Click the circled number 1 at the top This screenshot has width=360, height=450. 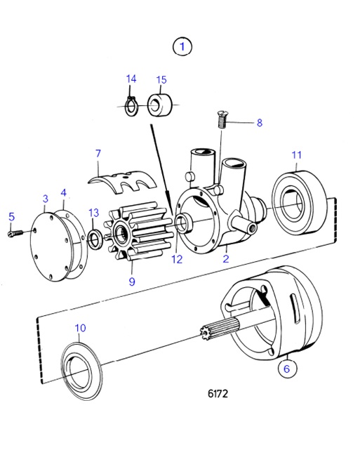point(182,47)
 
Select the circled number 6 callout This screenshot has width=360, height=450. point(286,367)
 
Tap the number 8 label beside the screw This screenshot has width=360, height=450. point(259,122)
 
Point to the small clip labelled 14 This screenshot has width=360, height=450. point(130,105)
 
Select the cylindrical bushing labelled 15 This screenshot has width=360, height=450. point(159,105)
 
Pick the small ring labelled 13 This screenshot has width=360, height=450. point(94,237)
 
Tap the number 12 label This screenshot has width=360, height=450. point(175,259)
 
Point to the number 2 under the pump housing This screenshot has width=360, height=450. point(226,259)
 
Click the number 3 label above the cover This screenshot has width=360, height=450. point(45,199)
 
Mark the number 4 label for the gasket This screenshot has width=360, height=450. point(63,192)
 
